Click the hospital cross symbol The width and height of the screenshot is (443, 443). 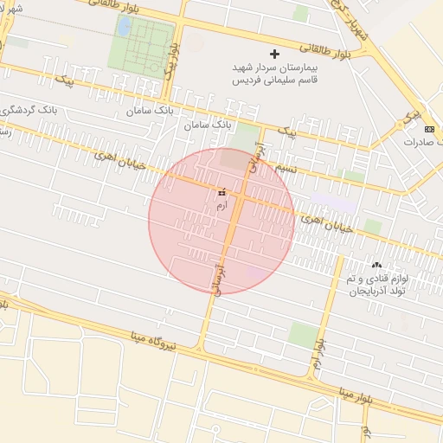coord(275,54)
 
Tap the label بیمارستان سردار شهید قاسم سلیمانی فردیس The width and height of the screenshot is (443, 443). coord(276,73)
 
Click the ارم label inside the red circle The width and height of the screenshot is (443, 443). coord(221,206)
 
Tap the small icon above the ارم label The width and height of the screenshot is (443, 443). coord(221,192)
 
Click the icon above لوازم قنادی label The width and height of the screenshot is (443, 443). coord(376,265)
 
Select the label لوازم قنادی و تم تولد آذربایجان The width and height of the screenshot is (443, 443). coord(377,286)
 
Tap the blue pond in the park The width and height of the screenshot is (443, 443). coord(123,28)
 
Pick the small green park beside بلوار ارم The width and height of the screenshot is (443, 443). coord(302,334)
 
